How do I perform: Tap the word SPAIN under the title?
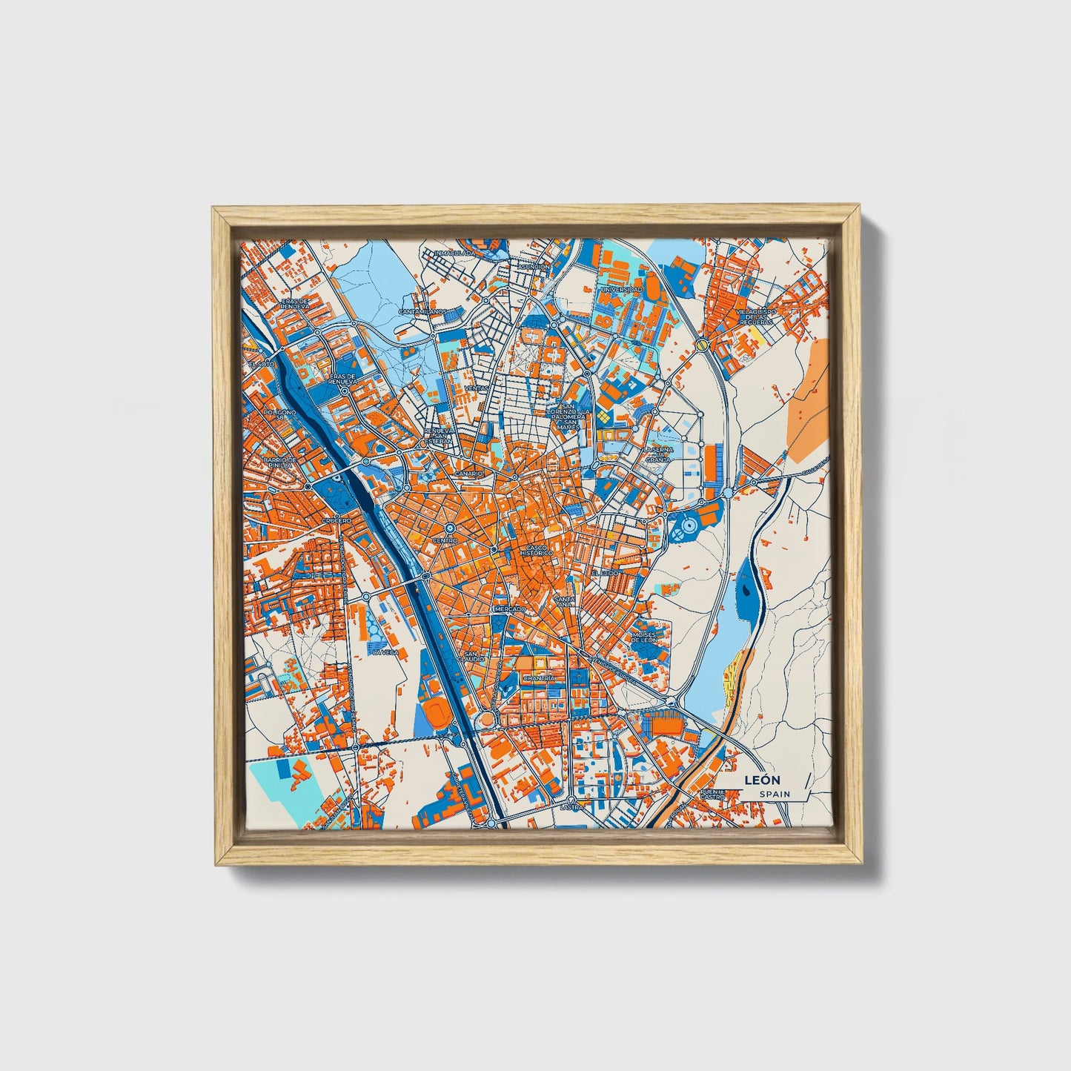coord(775,795)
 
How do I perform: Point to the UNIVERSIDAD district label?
coord(621,289)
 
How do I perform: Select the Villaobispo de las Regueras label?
coord(755,318)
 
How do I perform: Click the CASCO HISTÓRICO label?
coord(536,551)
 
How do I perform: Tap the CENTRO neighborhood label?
coord(445,541)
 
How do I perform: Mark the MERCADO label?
coord(510,609)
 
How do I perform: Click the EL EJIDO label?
coord(605,574)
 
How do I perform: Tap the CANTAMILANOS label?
coord(422,312)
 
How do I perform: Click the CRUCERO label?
coord(336,521)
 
